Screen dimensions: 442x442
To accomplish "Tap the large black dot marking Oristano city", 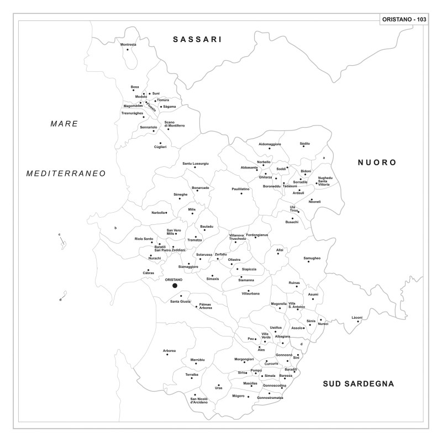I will [175, 286].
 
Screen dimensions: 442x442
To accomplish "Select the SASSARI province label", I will [197, 39].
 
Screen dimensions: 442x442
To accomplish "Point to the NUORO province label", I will [377, 162].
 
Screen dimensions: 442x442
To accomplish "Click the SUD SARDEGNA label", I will [359, 383].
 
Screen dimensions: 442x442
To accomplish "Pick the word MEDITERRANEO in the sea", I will [66, 173].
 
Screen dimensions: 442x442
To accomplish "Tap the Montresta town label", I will [128, 44].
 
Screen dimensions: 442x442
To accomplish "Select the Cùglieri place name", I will [160, 146].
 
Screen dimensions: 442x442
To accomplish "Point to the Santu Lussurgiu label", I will [196, 164].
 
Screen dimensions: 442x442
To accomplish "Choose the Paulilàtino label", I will [240, 189].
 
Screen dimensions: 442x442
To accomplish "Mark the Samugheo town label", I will [312, 258].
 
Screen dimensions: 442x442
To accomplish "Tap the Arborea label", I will [169, 351].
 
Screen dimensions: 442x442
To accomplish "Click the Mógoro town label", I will [238, 396].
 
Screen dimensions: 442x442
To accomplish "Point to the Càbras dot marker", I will [148, 270].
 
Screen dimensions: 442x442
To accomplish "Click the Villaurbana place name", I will [250, 293].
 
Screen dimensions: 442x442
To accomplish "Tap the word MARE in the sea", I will [64, 124].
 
